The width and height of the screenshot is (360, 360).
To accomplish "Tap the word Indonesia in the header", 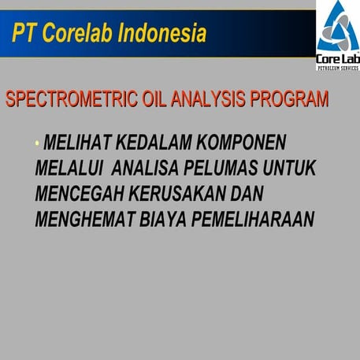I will (161, 34).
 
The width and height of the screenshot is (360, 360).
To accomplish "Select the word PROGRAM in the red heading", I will (288, 101).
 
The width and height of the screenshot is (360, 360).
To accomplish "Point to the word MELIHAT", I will (77, 143).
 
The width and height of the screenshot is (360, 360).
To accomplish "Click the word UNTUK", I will (291, 168).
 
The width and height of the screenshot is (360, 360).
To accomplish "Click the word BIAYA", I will (162, 218).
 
